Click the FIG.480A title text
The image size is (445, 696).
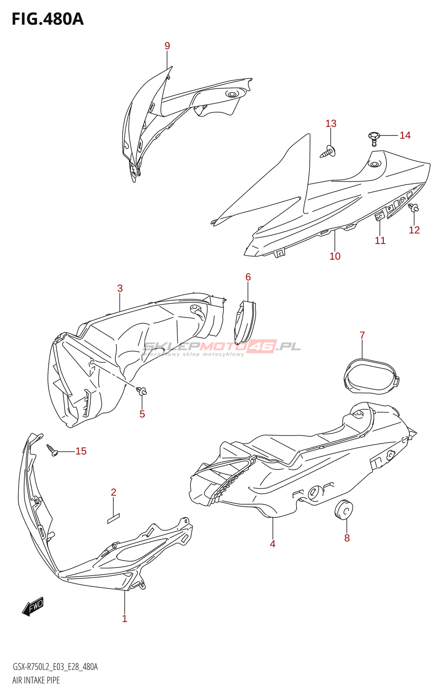tap(47, 19)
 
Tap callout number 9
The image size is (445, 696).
tap(167, 46)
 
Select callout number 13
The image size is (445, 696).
tap(331, 124)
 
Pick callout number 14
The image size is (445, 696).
tap(405, 135)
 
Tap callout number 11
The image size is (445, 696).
tap(380, 241)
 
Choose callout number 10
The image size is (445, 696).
tap(335, 256)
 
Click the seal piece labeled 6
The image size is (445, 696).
tap(245, 321)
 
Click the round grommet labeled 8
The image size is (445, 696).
tap(344, 510)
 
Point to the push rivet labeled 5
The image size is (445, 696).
tap(142, 391)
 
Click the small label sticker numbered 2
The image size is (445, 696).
tap(113, 518)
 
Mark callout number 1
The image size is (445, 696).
tap(125, 619)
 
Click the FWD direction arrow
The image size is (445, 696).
tap(33, 606)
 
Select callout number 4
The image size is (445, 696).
tap(272, 544)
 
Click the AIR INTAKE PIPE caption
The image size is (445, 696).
tap(36, 680)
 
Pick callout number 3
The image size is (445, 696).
tap(120, 288)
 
